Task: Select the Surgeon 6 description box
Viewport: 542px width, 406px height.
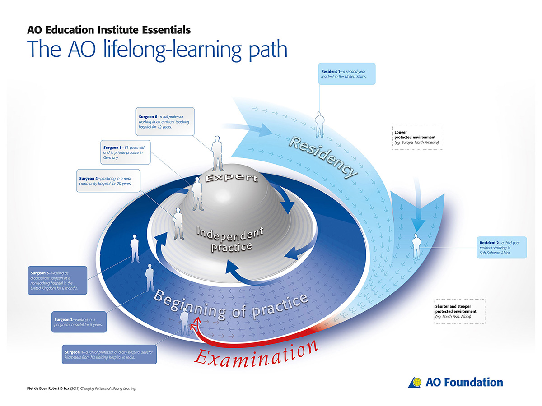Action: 165,121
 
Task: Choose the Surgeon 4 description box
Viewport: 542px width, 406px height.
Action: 108,180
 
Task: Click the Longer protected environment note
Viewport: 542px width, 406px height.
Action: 418,137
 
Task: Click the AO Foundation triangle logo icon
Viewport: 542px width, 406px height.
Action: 416,383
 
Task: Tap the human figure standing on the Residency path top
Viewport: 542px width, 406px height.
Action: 320,125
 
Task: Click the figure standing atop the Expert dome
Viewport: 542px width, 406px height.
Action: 218,153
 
